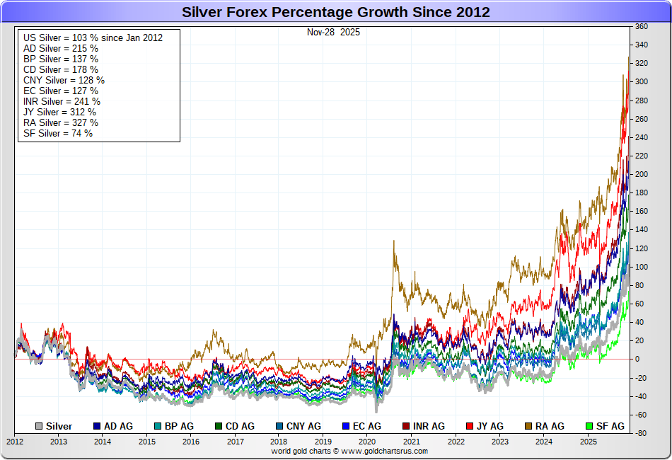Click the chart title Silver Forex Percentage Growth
click(336, 12)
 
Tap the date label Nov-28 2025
click(333, 32)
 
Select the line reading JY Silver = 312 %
click(59, 112)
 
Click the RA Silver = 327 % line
click(60, 122)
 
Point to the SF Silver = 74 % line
click(57, 133)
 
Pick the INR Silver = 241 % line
click(62, 101)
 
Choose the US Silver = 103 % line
click(93, 38)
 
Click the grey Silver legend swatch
click(40, 426)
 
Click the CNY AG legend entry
click(297, 426)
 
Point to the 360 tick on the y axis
click(641, 27)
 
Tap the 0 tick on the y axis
click(637, 359)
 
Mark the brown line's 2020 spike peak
click(393, 241)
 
